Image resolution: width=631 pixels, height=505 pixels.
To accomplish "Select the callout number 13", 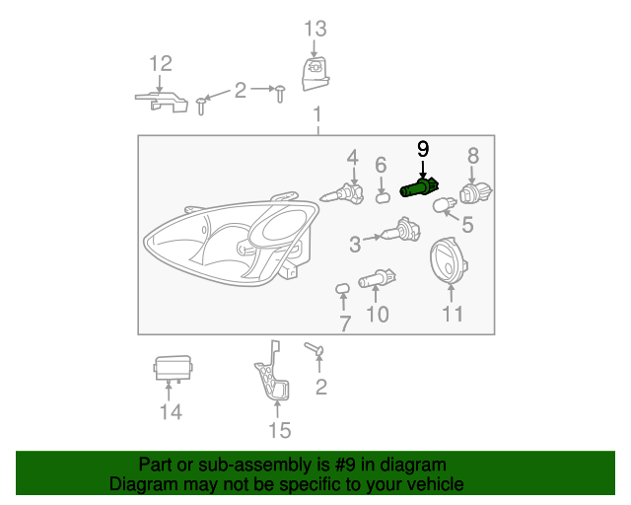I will [x=313, y=28].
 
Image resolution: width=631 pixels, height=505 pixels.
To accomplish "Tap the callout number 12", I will [x=160, y=64].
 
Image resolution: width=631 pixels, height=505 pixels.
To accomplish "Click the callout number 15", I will [x=280, y=430].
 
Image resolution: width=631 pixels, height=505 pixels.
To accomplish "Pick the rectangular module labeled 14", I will [x=172, y=369].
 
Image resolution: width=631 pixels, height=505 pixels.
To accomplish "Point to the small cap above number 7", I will [x=343, y=289].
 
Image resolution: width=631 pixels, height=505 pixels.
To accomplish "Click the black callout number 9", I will [x=423, y=149].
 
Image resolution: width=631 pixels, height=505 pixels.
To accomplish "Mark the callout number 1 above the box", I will [x=317, y=118].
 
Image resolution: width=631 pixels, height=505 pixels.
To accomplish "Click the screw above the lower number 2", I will [x=315, y=350].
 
